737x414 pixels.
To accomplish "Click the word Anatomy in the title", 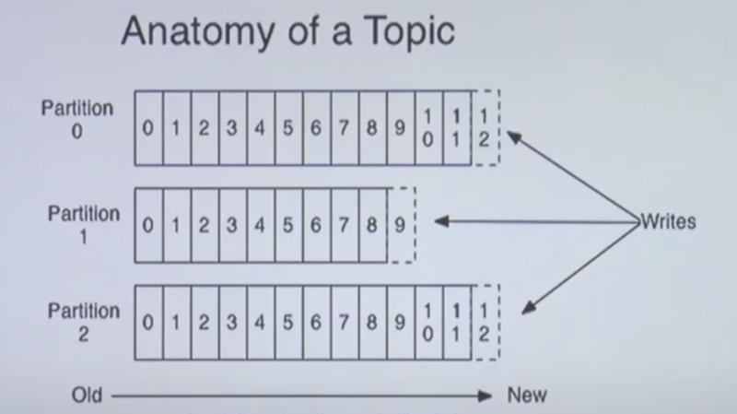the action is click(197, 31).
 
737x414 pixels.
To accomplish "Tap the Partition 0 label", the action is click(77, 120).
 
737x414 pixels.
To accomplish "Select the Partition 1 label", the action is click(84, 225).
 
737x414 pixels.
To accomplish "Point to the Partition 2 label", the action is click(84, 323).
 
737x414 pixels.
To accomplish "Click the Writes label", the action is click(669, 221).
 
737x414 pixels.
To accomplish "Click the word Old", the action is click(87, 396).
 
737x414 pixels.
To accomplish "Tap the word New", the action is click(527, 396).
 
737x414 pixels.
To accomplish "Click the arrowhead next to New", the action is click(485, 396).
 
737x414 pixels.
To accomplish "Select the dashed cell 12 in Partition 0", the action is click(485, 127).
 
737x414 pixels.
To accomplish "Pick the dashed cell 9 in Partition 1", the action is click(402, 225).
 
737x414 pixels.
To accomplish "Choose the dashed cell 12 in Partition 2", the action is click(485, 323).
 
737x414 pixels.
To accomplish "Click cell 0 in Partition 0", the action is click(148, 128).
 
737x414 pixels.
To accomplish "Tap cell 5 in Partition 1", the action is click(288, 225).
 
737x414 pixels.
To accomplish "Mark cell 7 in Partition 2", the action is click(345, 323).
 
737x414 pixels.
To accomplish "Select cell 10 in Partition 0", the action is click(428, 128).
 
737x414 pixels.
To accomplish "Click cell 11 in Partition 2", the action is click(457, 323).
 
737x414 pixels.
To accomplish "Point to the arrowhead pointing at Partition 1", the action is click(441, 221).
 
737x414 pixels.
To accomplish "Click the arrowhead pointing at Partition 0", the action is click(513, 136).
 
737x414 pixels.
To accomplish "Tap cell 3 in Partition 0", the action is click(233, 128).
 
